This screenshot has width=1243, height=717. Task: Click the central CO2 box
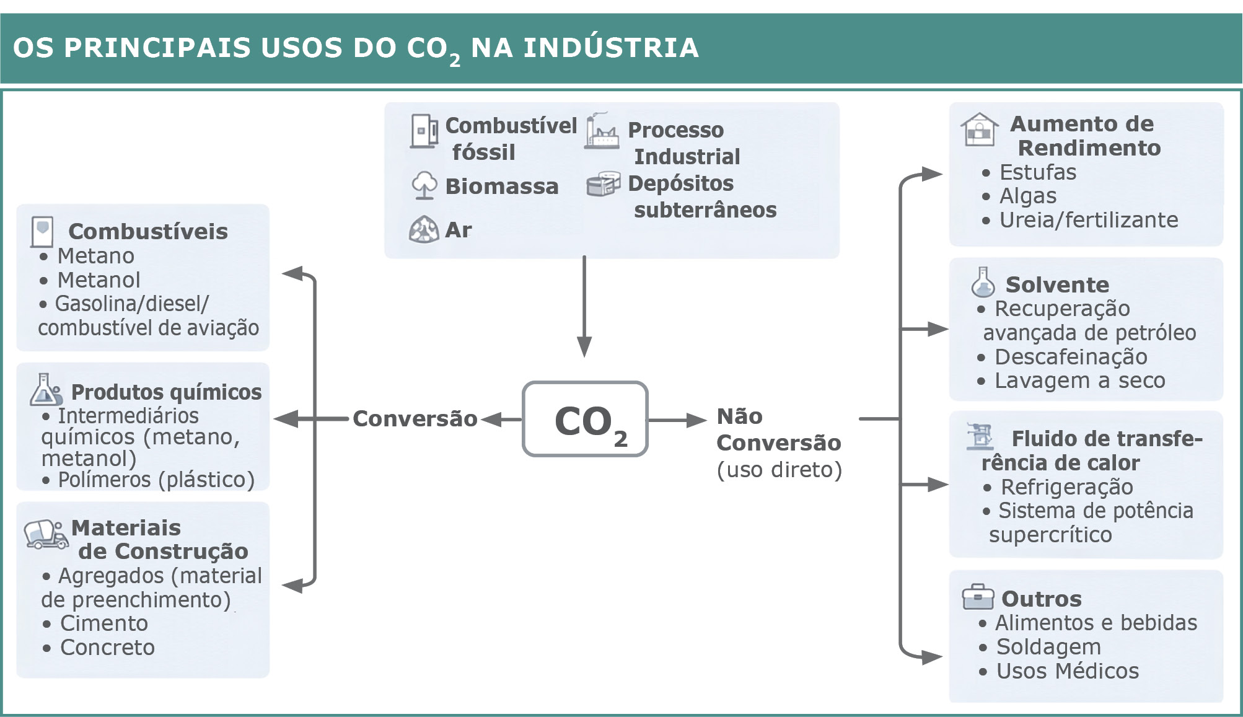(x=585, y=420)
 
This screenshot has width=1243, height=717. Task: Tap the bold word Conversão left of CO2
(x=415, y=419)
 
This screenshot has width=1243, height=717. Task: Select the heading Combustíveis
(x=148, y=232)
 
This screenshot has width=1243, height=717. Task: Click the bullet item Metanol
(x=99, y=280)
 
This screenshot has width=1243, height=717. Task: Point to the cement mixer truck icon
(x=45, y=534)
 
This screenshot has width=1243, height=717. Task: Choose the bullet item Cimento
(x=103, y=623)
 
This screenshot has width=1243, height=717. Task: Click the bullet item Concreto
(x=107, y=648)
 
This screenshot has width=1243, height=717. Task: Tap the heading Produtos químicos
(x=166, y=392)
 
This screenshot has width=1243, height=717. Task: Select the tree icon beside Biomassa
(x=424, y=185)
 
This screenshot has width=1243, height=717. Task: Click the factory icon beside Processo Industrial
(x=601, y=131)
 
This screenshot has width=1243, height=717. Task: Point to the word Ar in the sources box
(x=458, y=230)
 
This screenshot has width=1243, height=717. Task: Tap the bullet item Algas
(x=1027, y=196)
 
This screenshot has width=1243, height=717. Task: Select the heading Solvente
(x=1057, y=285)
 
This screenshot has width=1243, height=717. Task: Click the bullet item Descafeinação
(x=1071, y=357)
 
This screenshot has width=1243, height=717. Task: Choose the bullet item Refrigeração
(x=1066, y=487)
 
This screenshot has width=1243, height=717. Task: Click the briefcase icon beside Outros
(x=977, y=597)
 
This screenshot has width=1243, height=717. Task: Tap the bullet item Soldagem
(x=1048, y=647)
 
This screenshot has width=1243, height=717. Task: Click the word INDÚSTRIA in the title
(x=611, y=48)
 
